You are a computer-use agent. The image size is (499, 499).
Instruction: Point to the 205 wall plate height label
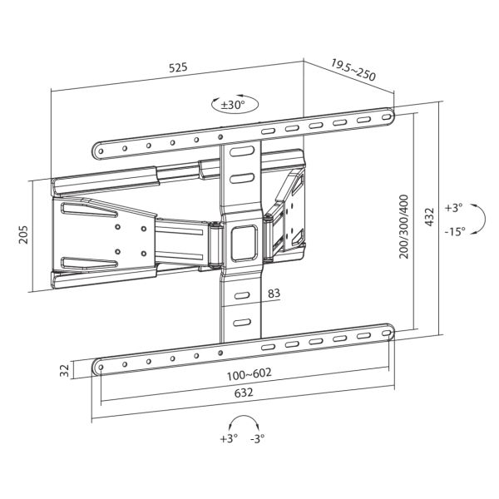coord(23,235)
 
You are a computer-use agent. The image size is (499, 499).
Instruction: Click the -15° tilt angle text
coord(454,232)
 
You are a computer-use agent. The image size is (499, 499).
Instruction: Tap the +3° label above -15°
coord(452,208)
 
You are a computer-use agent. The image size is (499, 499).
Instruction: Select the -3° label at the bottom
coord(260,439)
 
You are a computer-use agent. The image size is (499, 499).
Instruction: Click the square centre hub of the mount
coord(244,237)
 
